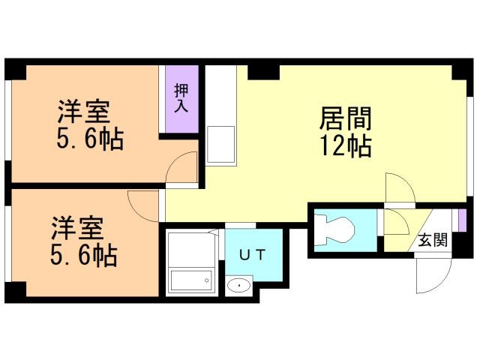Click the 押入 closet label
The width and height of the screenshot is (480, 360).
point(181,98)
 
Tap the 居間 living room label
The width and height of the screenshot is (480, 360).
point(345,118)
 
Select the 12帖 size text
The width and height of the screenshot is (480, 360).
point(346,145)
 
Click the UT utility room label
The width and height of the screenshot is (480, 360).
point(252,255)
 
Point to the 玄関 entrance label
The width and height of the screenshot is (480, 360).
point(433,240)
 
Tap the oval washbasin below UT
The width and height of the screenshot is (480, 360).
point(238,286)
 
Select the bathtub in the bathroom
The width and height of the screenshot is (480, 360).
point(191,280)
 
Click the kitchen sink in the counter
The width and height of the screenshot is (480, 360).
point(220,145)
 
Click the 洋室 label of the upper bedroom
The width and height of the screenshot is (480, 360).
point(84,112)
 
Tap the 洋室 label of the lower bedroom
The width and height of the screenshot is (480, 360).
point(77,228)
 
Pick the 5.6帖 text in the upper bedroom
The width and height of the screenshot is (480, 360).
point(90,139)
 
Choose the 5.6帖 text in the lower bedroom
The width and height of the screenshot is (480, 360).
point(83,255)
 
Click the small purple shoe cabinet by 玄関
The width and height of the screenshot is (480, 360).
point(462,220)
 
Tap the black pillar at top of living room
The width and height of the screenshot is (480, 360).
point(263,73)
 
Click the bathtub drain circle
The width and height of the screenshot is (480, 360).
point(207,280)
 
